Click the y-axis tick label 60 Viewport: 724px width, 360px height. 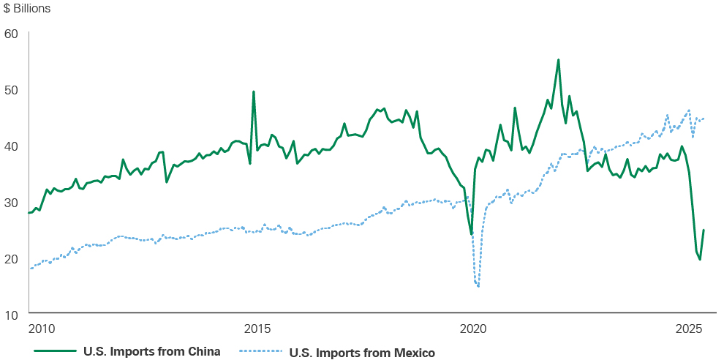click(x=11, y=33)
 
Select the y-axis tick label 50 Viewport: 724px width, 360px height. click(x=11, y=89)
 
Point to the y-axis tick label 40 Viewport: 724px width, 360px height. click(x=11, y=146)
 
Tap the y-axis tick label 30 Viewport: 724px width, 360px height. click(x=11, y=202)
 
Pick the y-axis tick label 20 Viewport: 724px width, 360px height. click(x=11, y=258)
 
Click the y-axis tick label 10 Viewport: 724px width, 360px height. click(x=11, y=315)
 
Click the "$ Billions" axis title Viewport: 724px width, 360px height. click(x=28, y=10)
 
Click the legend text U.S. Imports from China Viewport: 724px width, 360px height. click(x=151, y=351)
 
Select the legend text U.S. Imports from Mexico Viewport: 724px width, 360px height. click(x=362, y=353)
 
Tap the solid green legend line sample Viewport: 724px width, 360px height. click(x=56, y=352)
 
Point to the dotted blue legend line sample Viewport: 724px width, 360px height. click(x=261, y=352)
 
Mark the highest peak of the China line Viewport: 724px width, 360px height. click(x=558, y=60)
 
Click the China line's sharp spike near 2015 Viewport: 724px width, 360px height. click(x=253, y=91)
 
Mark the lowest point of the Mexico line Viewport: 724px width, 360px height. click(x=478, y=286)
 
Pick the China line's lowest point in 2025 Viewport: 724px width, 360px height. click(x=700, y=260)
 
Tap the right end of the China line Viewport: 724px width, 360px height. click(x=704, y=230)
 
